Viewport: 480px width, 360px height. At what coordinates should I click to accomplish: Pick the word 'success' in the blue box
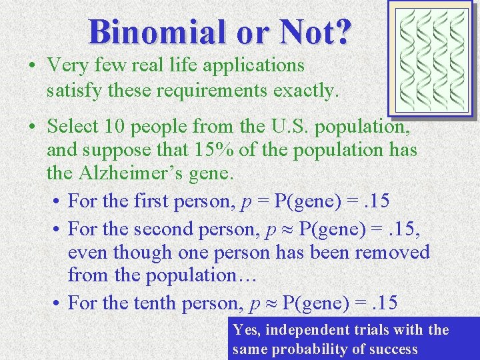[x=394, y=349]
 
